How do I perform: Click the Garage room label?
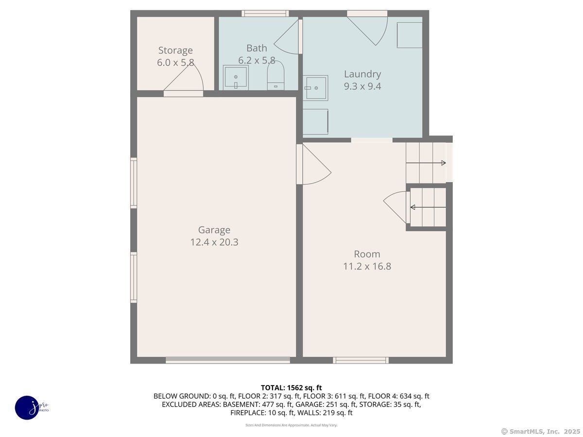click(214, 230)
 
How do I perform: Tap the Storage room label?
click(175, 50)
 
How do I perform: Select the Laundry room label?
click(362, 74)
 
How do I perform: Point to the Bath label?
click(257, 48)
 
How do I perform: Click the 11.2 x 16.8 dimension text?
click(367, 266)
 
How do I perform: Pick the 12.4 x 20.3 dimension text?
click(214, 242)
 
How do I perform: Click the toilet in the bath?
click(275, 75)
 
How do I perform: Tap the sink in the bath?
click(236, 77)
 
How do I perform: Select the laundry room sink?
click(315, 88)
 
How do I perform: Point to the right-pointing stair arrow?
click(426, 163)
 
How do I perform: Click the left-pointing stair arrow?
click(428, 207)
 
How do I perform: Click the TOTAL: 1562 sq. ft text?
click(291, 387)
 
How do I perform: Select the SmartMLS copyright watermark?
click(541, 431)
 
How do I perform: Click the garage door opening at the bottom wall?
click(228, 360)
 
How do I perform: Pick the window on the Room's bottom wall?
click(360, 360)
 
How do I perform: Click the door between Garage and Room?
click(314, 164)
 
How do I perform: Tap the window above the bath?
click(265, 13)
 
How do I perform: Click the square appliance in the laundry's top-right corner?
click(410, 35)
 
